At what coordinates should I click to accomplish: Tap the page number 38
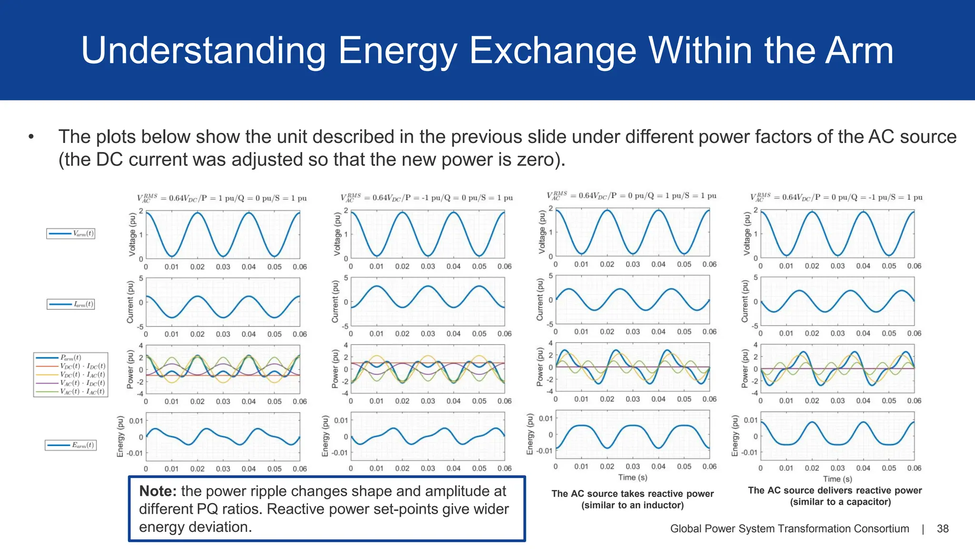(x=943, y=529)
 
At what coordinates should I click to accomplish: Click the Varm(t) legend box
(x=71, y=234)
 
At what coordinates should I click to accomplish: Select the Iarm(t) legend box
(x=71, y=304)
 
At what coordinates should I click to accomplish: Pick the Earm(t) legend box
(x=71, y=445)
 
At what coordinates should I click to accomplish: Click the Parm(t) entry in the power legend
(x=70, y=357)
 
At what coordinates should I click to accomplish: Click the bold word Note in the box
(x=158, y=491)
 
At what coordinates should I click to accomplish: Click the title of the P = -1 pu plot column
(x=427, y=198)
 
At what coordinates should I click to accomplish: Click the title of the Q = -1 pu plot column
(x=836, y=197)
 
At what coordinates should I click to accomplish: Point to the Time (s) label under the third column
(x=632, y=478)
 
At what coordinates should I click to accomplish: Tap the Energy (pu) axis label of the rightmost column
(x=735, y=436)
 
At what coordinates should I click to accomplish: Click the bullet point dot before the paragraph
(x=31, y=137)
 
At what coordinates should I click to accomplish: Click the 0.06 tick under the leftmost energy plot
(x=299, y=469)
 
